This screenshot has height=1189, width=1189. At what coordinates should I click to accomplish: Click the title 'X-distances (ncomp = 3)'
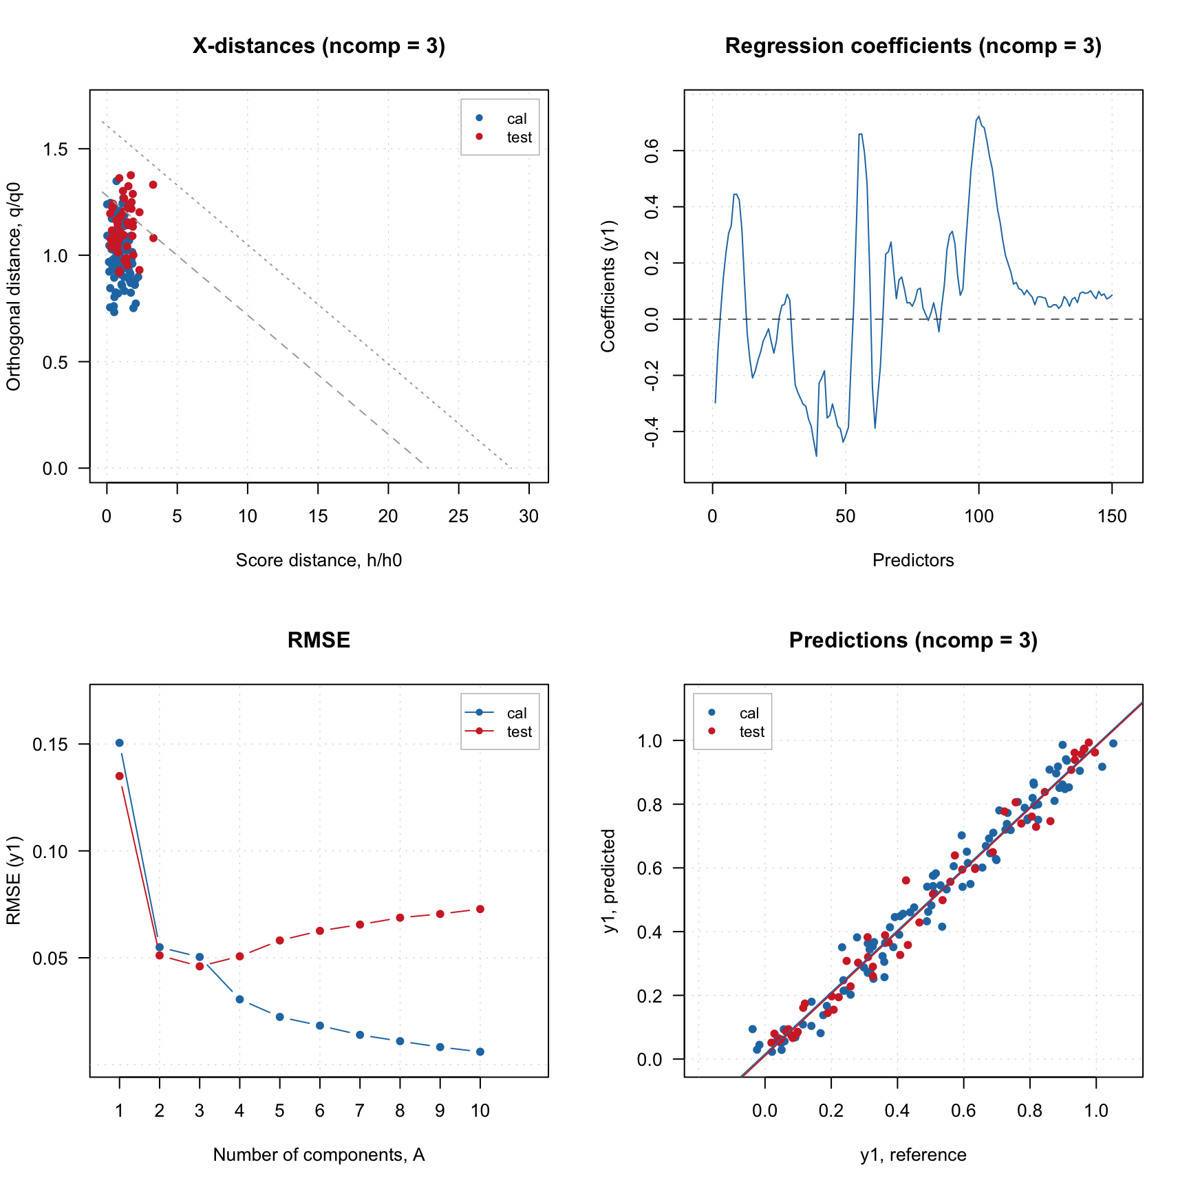[319, 46]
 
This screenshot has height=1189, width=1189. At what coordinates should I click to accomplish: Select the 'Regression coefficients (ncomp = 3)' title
[913, 46]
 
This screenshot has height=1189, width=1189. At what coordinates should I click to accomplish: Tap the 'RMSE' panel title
[319, 641]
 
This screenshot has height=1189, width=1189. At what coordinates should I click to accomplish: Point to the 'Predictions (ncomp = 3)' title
[913, 641]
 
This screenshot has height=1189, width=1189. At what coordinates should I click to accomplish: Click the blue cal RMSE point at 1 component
[120, 743]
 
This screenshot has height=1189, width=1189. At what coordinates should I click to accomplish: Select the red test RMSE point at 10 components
[480, 909]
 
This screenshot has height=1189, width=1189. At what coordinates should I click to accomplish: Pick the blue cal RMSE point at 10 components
[480, 1051]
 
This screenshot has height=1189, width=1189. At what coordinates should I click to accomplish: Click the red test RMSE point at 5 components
[280, 940]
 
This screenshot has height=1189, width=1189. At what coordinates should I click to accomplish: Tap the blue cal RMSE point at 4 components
[239, 999]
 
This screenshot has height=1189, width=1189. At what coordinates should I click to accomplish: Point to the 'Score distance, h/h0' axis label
[319, 561]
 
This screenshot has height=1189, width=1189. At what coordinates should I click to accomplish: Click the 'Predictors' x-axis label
[913, 561]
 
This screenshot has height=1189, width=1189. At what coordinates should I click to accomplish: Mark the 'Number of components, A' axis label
[319, 1155]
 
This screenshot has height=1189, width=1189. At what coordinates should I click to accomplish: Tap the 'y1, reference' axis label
[913, 1155]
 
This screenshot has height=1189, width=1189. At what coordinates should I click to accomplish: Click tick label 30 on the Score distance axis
[529, 517]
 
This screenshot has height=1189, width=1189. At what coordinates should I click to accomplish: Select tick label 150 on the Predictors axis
[1112, 517]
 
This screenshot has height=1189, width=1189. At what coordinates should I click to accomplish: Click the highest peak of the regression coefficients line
[978, 117]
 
